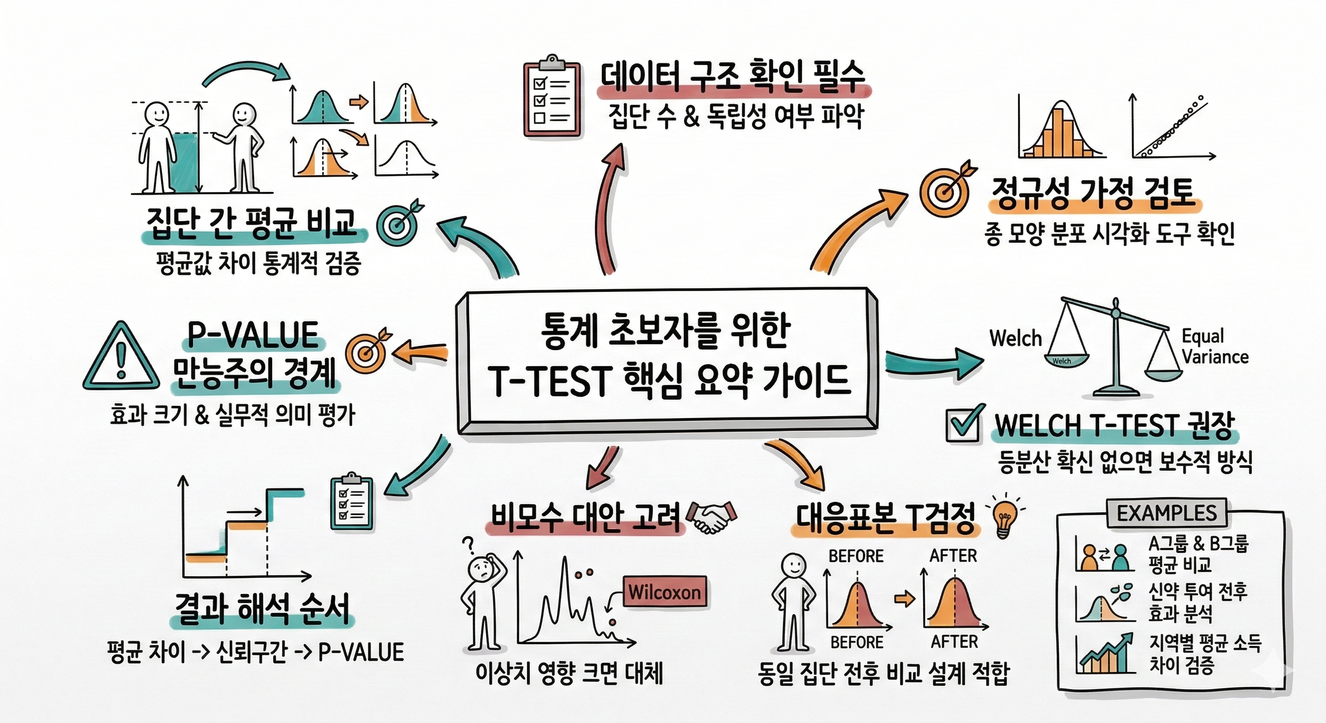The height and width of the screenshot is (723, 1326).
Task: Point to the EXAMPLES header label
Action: tap(1166, 513)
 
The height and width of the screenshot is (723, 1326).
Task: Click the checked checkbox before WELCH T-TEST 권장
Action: tap(965, 424)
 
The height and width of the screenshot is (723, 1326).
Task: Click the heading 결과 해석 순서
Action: tap(263, 609)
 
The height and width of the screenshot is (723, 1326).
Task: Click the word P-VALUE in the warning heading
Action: tap(253, 336)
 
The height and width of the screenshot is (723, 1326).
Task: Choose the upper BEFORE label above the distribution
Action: tap(856, 556)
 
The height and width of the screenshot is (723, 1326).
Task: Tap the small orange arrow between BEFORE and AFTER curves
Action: tap(905, 599)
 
